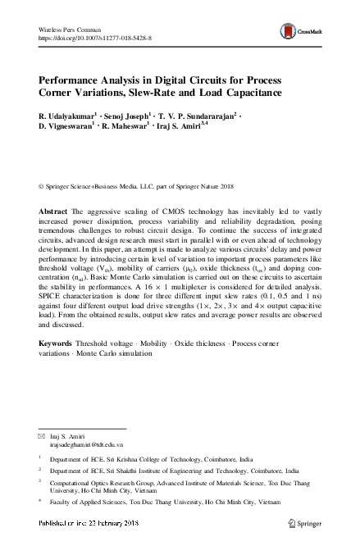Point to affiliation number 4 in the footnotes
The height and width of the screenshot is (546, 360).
[40, 508]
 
